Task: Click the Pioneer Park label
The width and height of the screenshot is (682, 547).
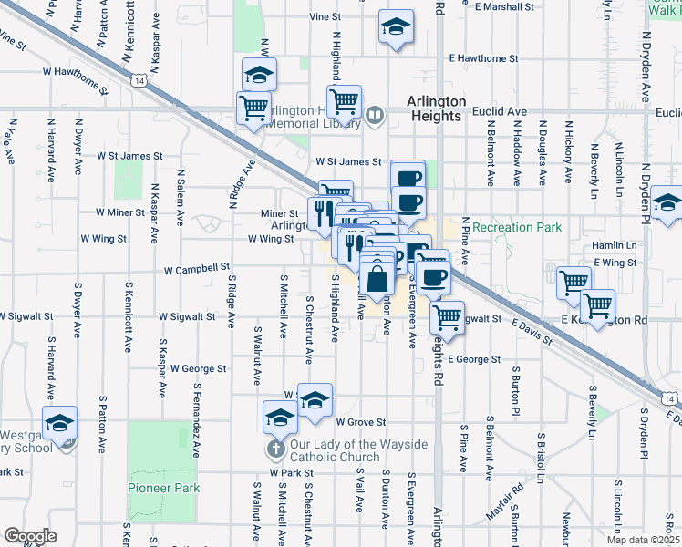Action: (x=163, y=488)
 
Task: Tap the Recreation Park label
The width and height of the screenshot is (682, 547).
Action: (x=517, y=227)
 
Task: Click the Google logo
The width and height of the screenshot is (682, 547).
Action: (x=31, y=536)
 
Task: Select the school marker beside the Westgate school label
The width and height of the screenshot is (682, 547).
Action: (x=60, y=424)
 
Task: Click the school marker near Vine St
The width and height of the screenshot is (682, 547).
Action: (x=396, y=27)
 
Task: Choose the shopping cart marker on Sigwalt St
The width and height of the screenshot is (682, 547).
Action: (x=446, y=317)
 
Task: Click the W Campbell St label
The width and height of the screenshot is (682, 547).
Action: (x=197, y=270)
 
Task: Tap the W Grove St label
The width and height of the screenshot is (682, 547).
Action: (x=361, y=422)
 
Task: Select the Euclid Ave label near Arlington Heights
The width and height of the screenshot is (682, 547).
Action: (x=500, y=111)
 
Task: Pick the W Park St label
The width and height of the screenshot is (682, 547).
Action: (x=291, y=473)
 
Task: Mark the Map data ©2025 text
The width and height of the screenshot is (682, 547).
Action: (x=642, y=540)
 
